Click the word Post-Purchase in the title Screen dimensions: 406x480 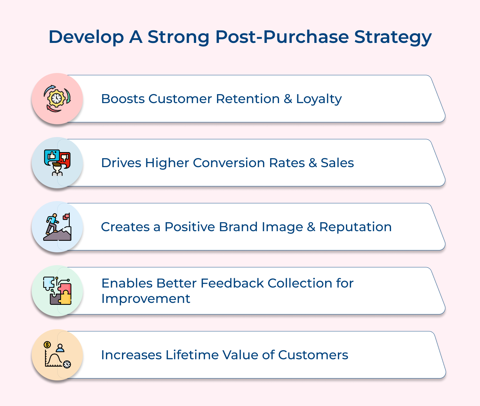click(x=282, y=37)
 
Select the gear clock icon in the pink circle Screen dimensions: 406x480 click(x=57, y=98)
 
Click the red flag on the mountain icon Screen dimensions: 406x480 click(x=67, y=217)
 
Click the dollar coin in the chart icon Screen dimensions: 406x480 click(x=47, y=345)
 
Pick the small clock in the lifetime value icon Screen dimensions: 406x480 click(x=67, y=364)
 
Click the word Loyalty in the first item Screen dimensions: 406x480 click(x=319, y=99)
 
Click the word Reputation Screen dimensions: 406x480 click(x=355, y=227)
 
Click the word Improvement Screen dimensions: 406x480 click(x=146, y=299)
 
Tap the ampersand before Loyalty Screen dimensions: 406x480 click(x=288, y=99)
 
